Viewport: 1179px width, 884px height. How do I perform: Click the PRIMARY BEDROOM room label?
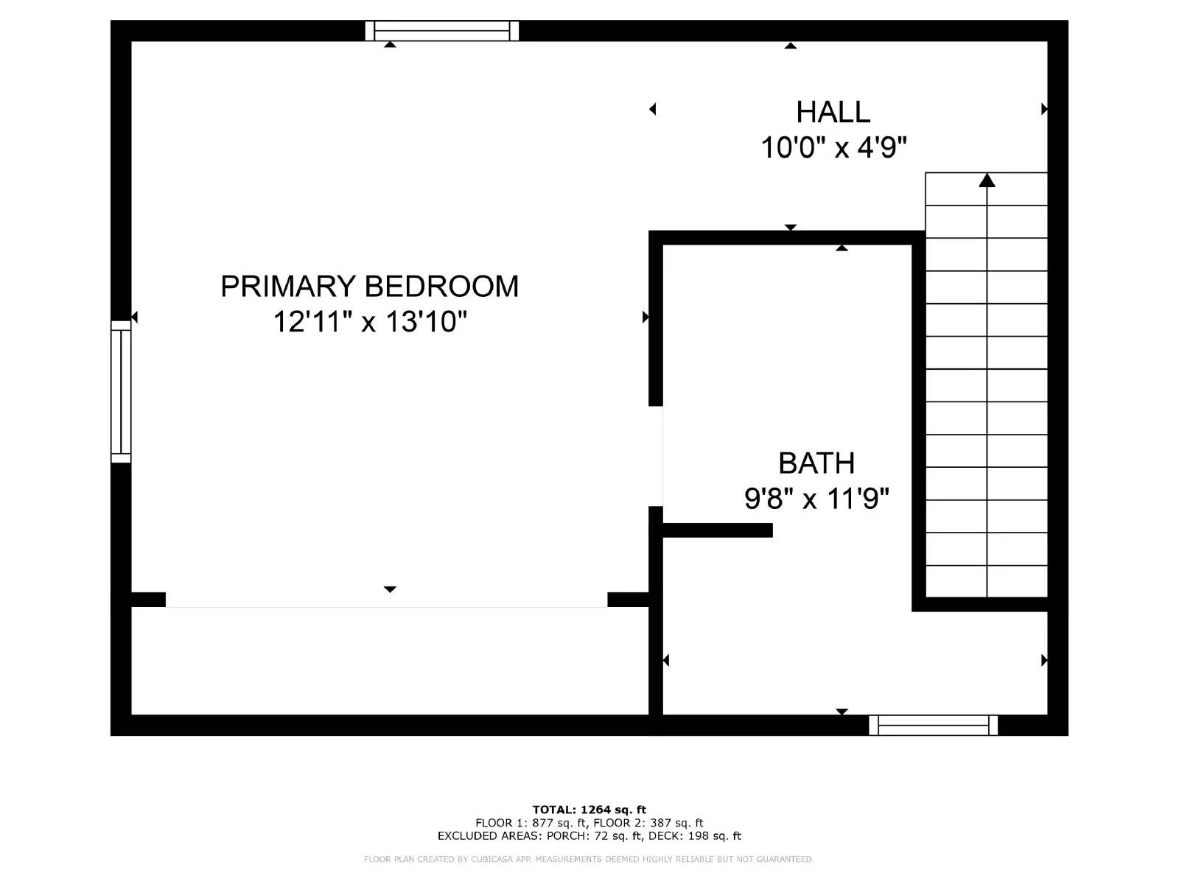369,287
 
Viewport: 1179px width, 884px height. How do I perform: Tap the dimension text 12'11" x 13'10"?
370,322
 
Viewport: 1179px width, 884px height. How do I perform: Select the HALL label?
833,112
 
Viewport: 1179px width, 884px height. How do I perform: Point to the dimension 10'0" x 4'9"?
833,147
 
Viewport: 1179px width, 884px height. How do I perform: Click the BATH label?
816,463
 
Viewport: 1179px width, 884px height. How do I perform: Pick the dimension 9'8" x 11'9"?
816,499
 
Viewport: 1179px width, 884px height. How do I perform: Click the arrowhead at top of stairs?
987,180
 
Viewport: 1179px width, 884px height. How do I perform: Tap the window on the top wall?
442,31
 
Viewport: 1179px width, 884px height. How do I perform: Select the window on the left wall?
121,391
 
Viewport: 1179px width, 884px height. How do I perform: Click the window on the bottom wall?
933,725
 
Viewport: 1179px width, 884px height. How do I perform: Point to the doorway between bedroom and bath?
657,456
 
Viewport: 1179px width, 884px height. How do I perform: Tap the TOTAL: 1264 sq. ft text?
589,810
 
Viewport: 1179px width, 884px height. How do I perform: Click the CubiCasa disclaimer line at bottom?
589,859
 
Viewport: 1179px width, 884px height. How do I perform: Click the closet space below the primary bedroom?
389,661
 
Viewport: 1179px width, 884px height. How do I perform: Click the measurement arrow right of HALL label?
1043,109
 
